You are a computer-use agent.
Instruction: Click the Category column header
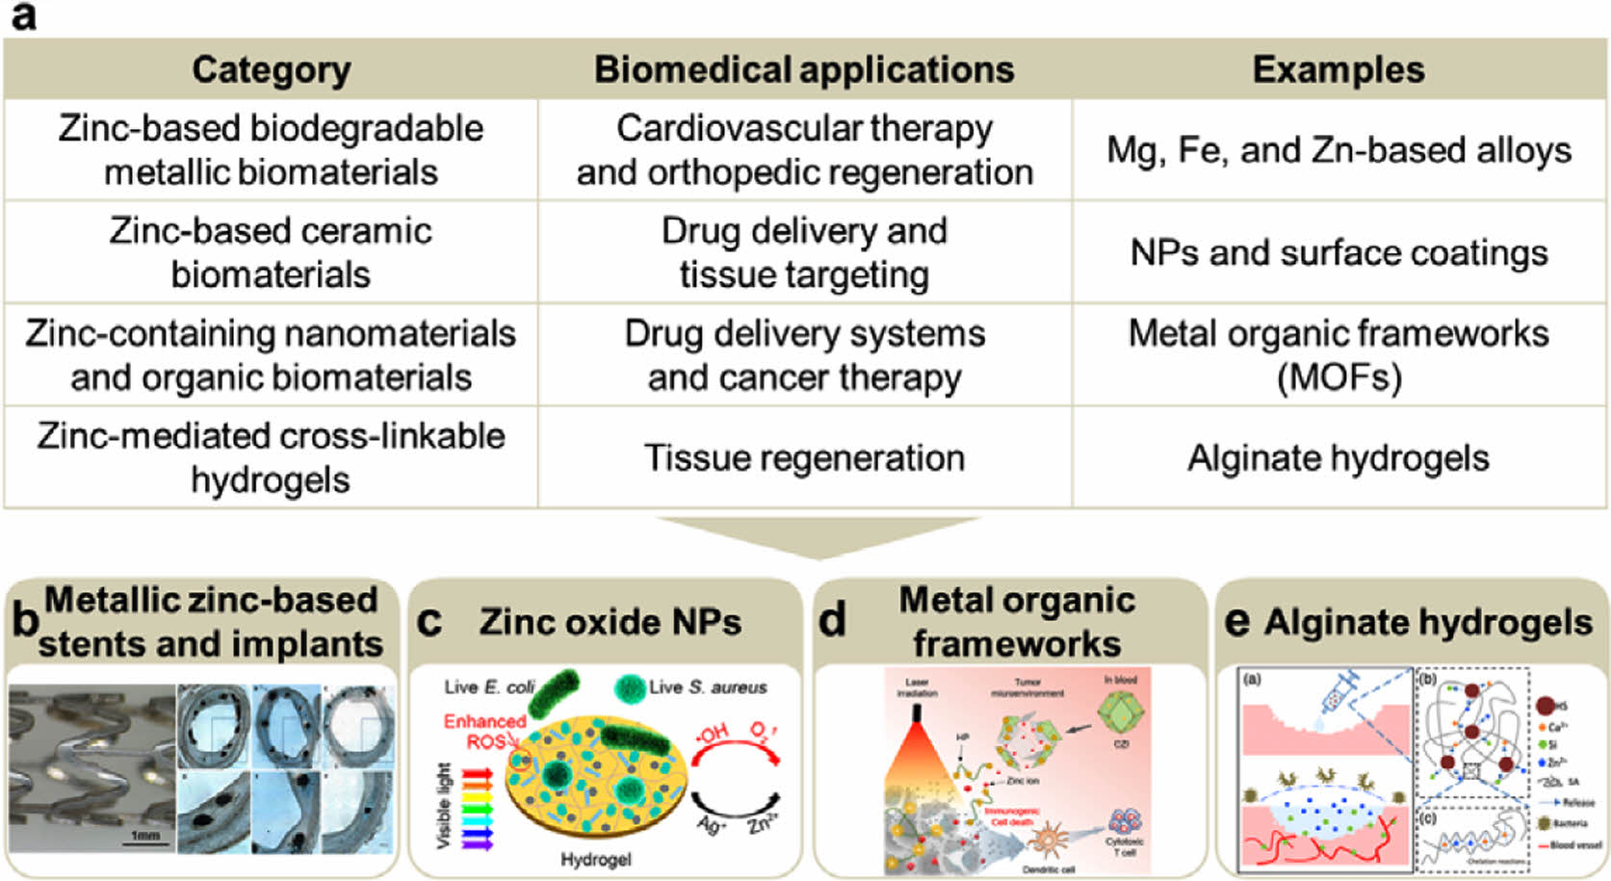(271, 70)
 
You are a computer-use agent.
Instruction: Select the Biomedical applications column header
(804, 70)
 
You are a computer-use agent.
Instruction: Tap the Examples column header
(1338, 70)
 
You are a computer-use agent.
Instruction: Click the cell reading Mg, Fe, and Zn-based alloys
(1338, 150)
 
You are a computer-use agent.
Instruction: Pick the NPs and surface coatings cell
(1338, 252)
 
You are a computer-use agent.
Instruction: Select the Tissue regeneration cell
(804, 457)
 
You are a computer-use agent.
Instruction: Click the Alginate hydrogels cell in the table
(1338, 457)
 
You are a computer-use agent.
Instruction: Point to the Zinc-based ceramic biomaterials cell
(271, 252)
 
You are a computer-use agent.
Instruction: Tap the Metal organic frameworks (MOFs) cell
(1338, 354)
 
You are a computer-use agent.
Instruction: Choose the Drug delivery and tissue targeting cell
(804, 252)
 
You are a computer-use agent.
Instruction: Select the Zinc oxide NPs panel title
(611, 622)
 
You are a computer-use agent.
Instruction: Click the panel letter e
(1236, 621)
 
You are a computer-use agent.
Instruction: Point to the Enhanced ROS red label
(483, 731)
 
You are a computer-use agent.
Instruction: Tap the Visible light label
(444, 806)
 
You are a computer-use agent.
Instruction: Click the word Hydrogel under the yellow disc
(595, 859)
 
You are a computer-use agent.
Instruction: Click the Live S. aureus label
(707, 687)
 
